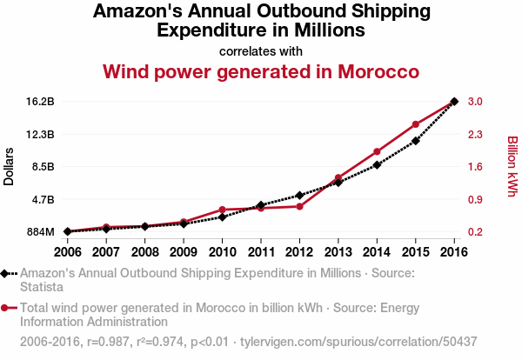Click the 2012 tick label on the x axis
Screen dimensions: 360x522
(x=299, y=252)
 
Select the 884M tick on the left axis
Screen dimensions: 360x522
(x=39, y=232)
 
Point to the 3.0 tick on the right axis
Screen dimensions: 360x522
(x=474, y=102)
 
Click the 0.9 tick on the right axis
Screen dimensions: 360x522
(x=474, y=199)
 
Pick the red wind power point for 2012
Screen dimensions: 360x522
(x=299, y=206)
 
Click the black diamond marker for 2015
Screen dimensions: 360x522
(x=416, y=141)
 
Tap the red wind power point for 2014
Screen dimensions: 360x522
(x=377, y=152)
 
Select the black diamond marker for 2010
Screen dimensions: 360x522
(x=222, y=217)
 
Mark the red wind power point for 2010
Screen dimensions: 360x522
(x=222, y=210)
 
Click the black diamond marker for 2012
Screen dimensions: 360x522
(x=299, y=195)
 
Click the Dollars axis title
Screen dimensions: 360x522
(x=9, y=166)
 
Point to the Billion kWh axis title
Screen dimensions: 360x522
(x=512, y=166)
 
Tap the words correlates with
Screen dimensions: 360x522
(x=261, y=50)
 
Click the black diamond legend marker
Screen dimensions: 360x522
(x=6, y=273)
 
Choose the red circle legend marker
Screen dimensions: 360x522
(x=6, y=308)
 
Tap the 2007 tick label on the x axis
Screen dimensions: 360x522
(x=105, y=252)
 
